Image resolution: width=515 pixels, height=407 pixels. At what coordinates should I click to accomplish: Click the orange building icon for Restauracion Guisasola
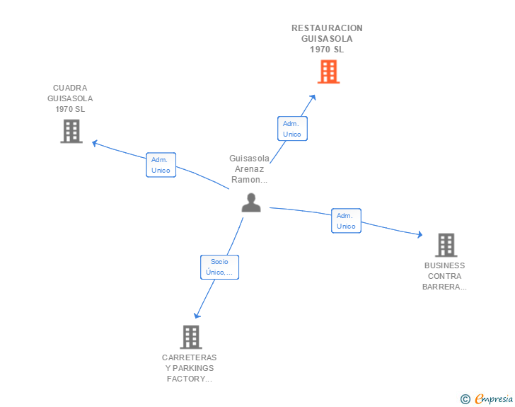point(328,71)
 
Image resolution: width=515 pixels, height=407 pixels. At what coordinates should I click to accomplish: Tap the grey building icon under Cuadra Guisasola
point(71,131)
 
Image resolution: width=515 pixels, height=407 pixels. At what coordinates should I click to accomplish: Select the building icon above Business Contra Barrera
point(446,245)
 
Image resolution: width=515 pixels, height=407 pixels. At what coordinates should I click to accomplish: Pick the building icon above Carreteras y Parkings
point(191,337)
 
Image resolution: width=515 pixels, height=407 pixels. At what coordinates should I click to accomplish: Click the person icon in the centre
point(251,202)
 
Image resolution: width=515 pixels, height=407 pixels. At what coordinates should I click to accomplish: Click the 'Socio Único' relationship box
point(219,267)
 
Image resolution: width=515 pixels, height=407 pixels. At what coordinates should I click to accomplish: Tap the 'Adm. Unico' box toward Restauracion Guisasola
point(291,129)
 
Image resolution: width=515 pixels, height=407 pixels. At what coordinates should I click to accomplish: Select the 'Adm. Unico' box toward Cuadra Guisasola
point(161,165)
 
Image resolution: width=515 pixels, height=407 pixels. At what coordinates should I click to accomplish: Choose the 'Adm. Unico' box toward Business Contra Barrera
point(346,221)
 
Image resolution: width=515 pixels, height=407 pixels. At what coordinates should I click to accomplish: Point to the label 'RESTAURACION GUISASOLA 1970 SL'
point(327,39)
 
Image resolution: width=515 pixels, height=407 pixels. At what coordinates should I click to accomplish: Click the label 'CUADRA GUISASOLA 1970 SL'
point(70,98)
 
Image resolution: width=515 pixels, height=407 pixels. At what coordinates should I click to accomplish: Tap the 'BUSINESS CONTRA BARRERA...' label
point(445,276)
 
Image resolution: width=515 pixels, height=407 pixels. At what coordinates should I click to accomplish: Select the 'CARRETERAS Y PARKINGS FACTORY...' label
point(190,368)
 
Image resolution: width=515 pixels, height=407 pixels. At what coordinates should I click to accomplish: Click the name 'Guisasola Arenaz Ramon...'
point(250,169)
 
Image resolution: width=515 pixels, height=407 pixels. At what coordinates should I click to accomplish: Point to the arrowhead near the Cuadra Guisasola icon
point(95,143)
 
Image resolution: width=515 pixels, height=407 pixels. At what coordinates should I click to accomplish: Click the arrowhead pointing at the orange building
point(313,97)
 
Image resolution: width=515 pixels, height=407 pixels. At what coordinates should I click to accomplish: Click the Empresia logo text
point(493,399)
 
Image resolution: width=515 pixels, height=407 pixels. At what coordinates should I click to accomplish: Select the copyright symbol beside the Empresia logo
point(465,399)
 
